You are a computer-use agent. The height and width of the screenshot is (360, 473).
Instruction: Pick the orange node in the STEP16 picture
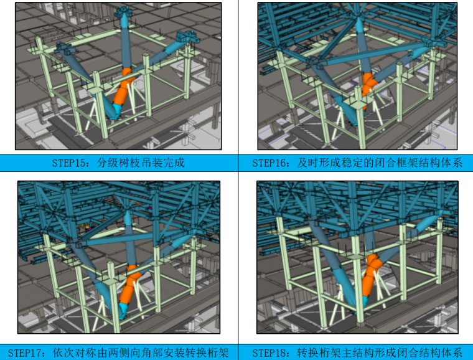368,84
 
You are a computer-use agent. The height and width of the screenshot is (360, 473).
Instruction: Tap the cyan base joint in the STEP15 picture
116,111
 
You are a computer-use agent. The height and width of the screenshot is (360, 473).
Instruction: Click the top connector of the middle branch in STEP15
123,11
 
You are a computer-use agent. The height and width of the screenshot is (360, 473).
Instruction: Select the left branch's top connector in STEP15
64,48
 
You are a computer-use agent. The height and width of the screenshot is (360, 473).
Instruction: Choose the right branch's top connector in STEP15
187,37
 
